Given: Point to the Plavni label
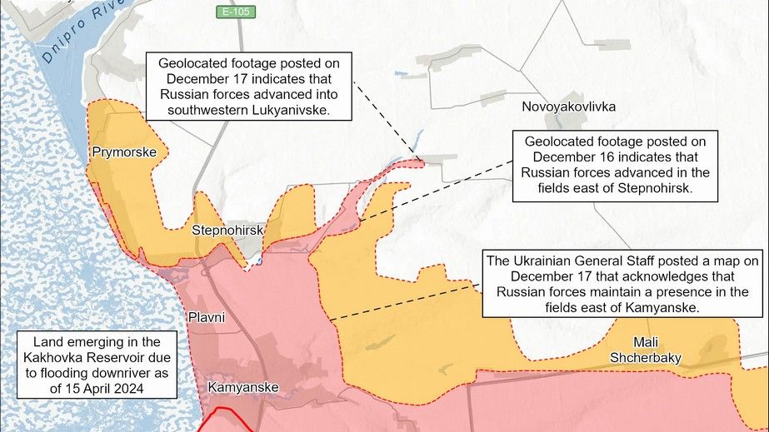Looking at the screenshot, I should (x=206, y=317).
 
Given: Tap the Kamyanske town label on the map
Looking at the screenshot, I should (x=242, y=388).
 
